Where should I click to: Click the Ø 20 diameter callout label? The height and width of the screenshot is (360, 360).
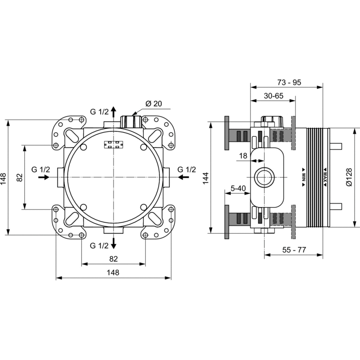click(x=154, y=104)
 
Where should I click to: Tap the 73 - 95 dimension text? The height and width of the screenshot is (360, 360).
click(x=289, y=82)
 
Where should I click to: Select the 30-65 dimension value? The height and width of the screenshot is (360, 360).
click(x=274, y=96)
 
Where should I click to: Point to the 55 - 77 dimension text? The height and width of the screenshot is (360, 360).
click(x=294, y=250)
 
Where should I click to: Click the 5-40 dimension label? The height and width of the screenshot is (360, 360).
click(x=238, y=188)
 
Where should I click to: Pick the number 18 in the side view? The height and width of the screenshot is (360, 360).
click(x=243, y=156)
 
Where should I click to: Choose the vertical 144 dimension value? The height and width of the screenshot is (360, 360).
click(x=206, y=178)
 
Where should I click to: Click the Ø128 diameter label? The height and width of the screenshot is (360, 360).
click(x=349, y=177)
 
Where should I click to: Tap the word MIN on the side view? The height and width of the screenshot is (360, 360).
click(x=304, y=177)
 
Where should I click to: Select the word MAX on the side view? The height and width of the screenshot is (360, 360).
click(x=325, y=177)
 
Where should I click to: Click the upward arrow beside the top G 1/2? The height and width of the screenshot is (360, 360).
click(x=113, y=112)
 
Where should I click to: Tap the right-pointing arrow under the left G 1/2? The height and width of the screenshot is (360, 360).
click(x=44, y=177)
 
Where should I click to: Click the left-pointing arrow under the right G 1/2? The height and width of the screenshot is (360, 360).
click(x=184, y=177)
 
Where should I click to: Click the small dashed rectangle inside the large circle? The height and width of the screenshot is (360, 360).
click(x=114, y=145)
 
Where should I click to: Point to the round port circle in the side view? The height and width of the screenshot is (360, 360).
click(x=264, y=177)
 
